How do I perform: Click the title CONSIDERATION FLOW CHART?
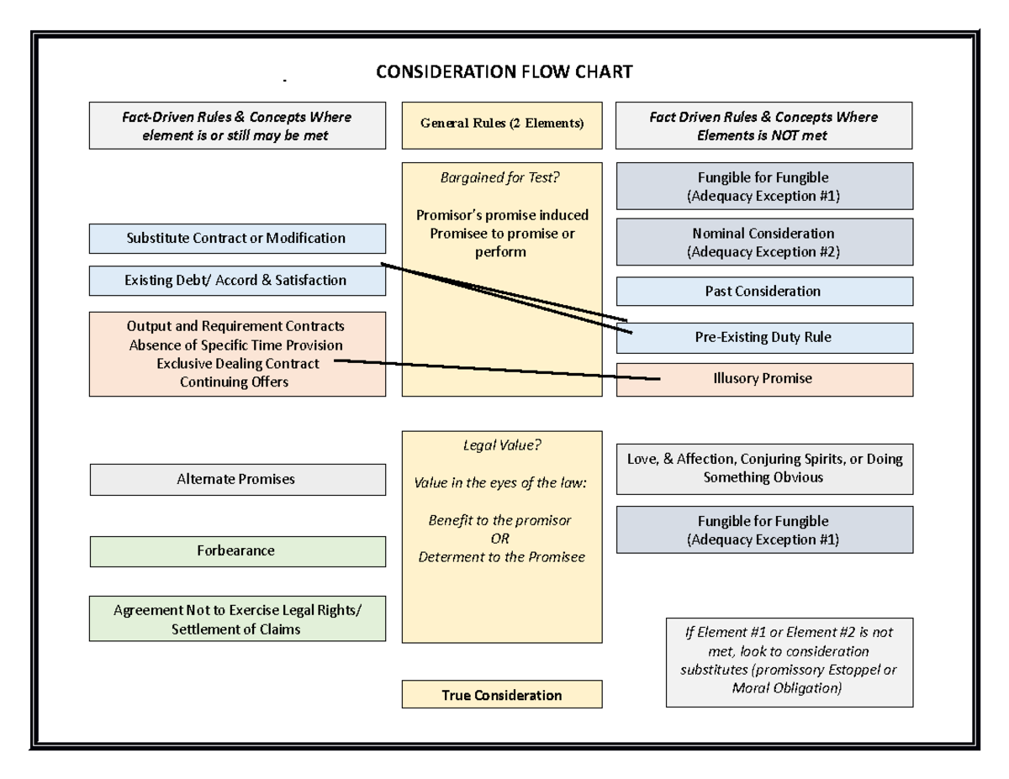(x=504, y=72)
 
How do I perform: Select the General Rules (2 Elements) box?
(x=502, y=124)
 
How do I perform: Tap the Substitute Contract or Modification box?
(x=236, y=238)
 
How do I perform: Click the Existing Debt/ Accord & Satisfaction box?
(x=236, y=280)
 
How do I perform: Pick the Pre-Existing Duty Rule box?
(x=763, y=337)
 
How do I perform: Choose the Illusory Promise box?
(x=763, y=378)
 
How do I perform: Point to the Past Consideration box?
(x=763, y=291)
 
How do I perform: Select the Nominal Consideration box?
(x=763, y=242)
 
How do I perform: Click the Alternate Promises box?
(x=236, y=479)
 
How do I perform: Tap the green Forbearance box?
(x=236, y=550)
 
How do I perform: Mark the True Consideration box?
(x=502, y=695)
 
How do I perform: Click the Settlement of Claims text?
(x=236, y=629)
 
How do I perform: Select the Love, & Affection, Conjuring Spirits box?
(x=763, y=468)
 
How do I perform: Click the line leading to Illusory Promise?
(x=496, y=370)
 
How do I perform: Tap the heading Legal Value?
(x=502, y=446)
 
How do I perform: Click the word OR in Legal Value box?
(x=502, y=539)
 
